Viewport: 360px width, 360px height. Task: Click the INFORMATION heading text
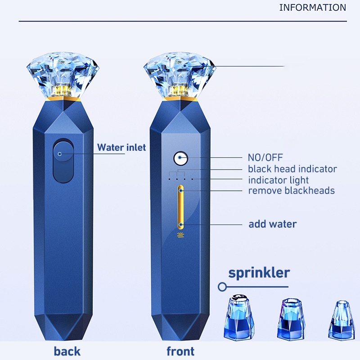[312, 8]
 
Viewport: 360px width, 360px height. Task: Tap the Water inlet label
[121, 147]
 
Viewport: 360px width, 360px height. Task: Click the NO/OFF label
[265, 157]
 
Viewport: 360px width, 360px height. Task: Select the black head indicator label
[292, 169]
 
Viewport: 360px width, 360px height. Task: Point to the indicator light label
[278, 180]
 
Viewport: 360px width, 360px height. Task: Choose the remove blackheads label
[291, 190]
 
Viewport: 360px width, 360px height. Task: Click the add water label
[272, 224]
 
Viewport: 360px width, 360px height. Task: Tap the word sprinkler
[259, 272]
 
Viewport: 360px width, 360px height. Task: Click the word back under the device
[67, 351]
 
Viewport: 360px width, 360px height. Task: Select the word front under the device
[180, 351]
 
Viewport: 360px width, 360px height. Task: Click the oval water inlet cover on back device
[63, 161]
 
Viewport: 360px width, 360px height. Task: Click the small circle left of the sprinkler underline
[221, 286]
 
